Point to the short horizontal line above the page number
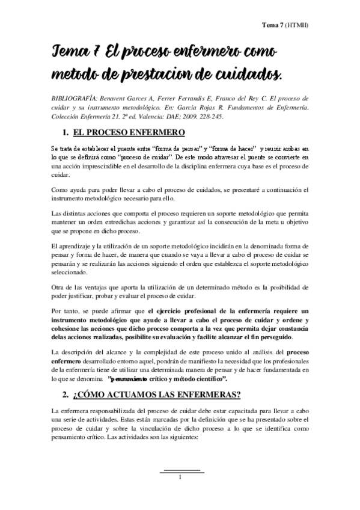181,470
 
